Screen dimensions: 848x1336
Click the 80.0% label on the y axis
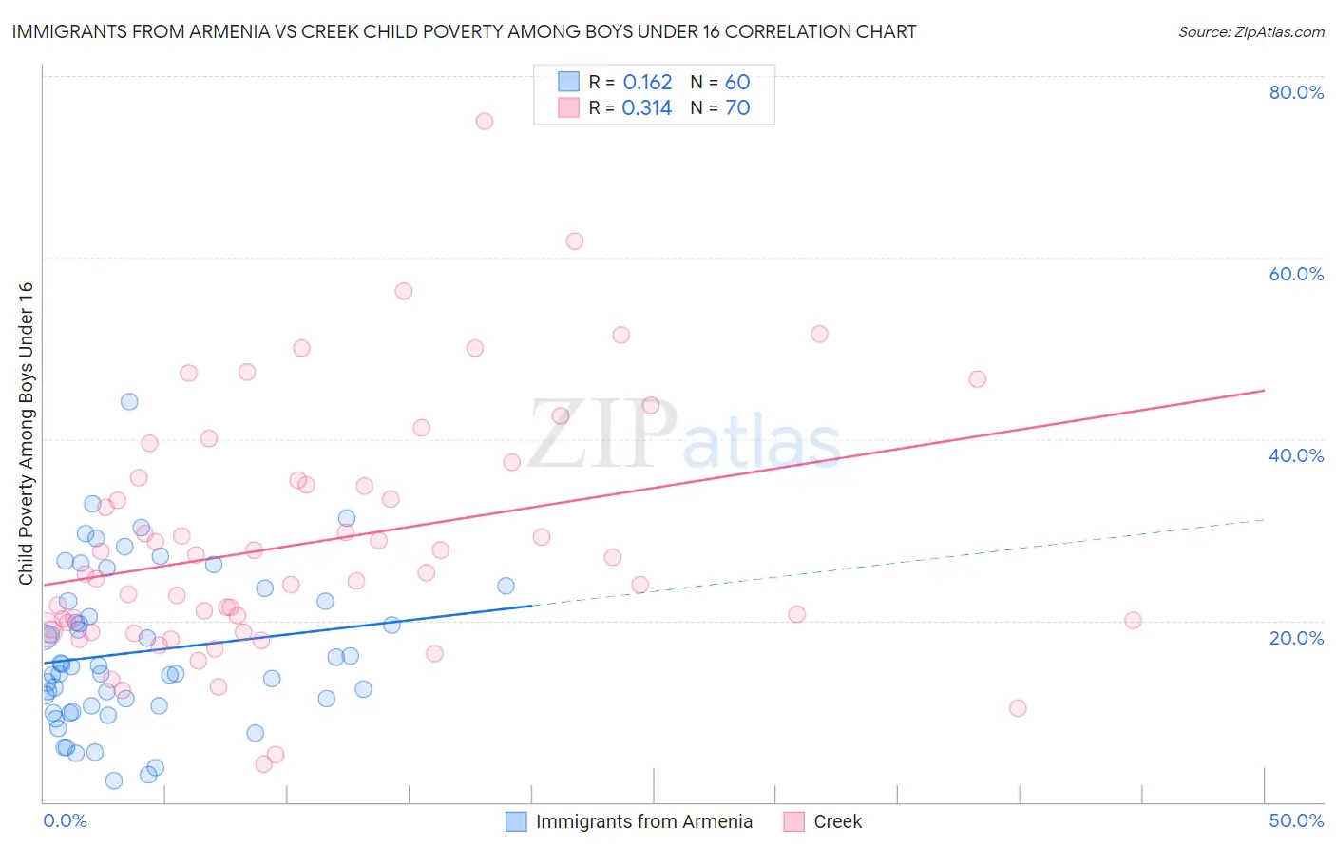tap(1296, 92)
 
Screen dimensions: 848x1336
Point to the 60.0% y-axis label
tap(1296, 274)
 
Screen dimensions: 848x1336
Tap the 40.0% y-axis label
tap(1296, 455)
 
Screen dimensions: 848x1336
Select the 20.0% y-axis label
tap(1296, 637)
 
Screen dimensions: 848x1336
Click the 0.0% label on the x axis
tap(65, 820)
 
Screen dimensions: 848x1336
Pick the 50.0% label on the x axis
tap(1296, 820)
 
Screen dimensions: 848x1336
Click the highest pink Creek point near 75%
tap(485, 121)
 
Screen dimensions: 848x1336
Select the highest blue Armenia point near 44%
tap(129, 401)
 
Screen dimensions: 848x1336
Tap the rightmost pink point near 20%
tap(1133, 621)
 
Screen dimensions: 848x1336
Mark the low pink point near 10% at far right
tap(1018, 708)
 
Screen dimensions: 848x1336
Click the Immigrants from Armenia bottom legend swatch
tap(516, 821)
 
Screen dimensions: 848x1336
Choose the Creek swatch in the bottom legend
tap(794, 821)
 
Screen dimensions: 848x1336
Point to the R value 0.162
tap(647, 83)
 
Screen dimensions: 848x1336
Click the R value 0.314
tap(647, 108)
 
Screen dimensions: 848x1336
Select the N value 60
tap(737, 83)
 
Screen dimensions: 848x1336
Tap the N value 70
tap(737, 108)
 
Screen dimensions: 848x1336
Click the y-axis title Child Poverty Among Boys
tap(26, 434)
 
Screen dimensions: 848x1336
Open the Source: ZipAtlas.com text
tap(1250, 32)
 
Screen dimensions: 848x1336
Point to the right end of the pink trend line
tap(1264, 390)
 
